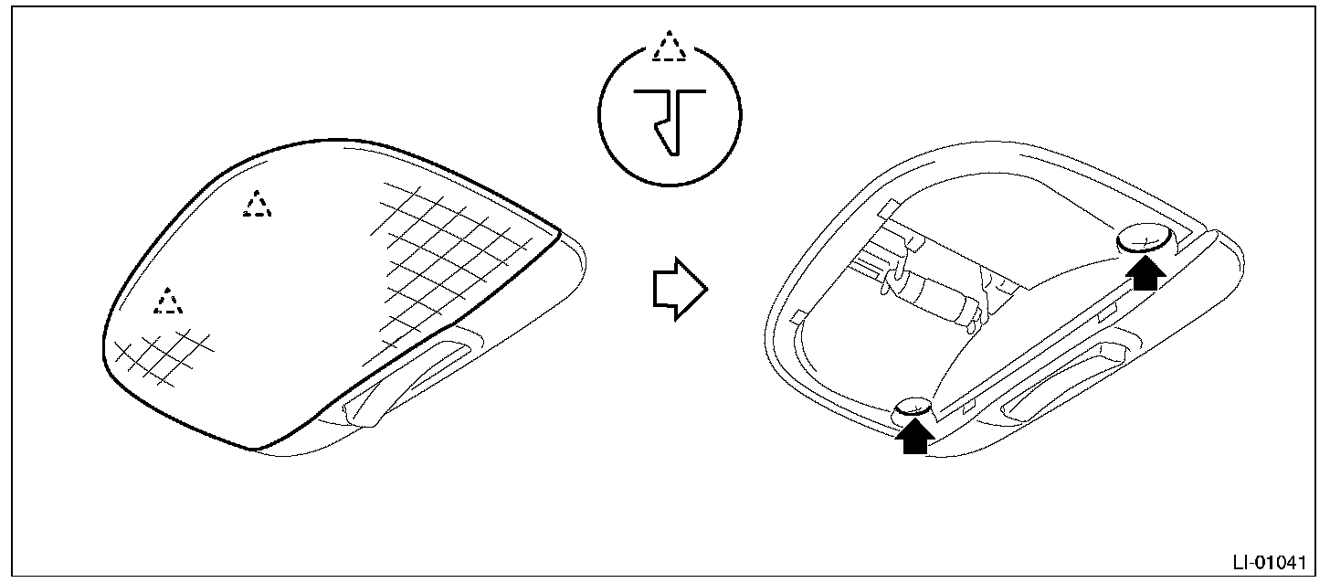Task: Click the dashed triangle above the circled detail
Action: pos(670,46)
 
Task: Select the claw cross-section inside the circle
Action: pos(670,120)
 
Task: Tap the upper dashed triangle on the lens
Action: pos(258,204)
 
